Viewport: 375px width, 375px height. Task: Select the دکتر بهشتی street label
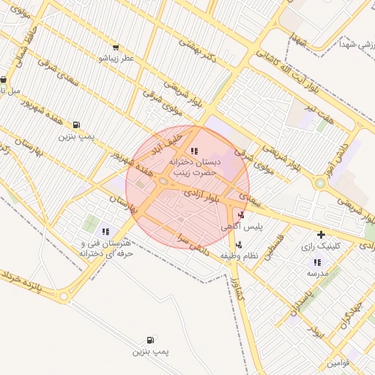[x=196, y=51]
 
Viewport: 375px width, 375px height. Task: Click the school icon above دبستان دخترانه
[x=193, y=151]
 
